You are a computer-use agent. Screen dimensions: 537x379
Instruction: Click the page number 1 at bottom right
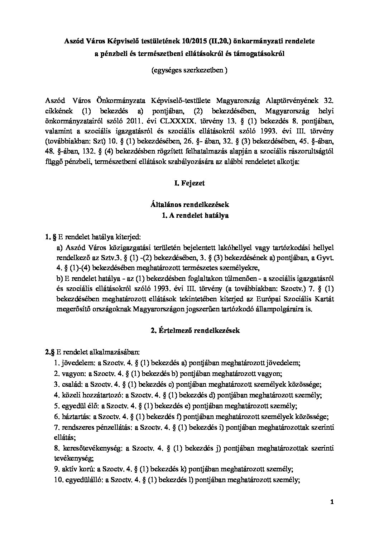pyautogui.click(x=332, y=503)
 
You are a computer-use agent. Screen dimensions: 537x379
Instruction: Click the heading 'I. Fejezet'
pyautogui.click(x=189, y=183)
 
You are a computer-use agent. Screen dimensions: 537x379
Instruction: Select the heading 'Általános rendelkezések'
pyautogui.click(x=189, y=205)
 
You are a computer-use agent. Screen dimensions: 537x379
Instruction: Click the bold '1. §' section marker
pyautogui.click(x=49, y=237)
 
